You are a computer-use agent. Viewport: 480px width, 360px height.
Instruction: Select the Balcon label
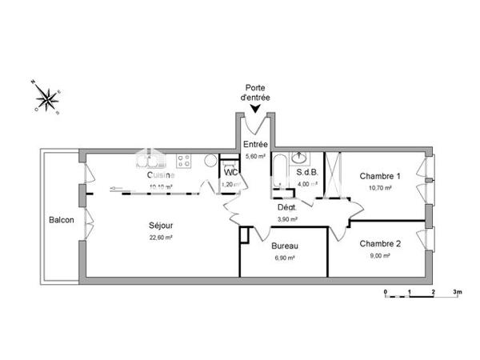pos(62,220)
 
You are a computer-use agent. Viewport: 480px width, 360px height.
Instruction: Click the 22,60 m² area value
pos(162,238)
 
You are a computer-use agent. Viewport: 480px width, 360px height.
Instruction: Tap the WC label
pos(230,173)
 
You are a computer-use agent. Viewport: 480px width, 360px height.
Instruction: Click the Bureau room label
pos(284,246)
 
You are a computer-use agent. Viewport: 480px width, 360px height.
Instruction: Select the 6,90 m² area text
pos(284,258)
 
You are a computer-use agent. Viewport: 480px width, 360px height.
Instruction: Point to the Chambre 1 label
pos(380,176)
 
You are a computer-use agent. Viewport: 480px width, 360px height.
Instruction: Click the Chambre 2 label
pos(380,243)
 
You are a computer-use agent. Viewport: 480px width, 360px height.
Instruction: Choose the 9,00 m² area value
pos(379,255)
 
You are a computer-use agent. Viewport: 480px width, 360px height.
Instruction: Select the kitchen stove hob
pos(183,161)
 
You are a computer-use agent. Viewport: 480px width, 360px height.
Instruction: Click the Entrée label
pos(255,144)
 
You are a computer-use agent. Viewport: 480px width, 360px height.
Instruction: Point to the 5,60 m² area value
pos(255,156)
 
